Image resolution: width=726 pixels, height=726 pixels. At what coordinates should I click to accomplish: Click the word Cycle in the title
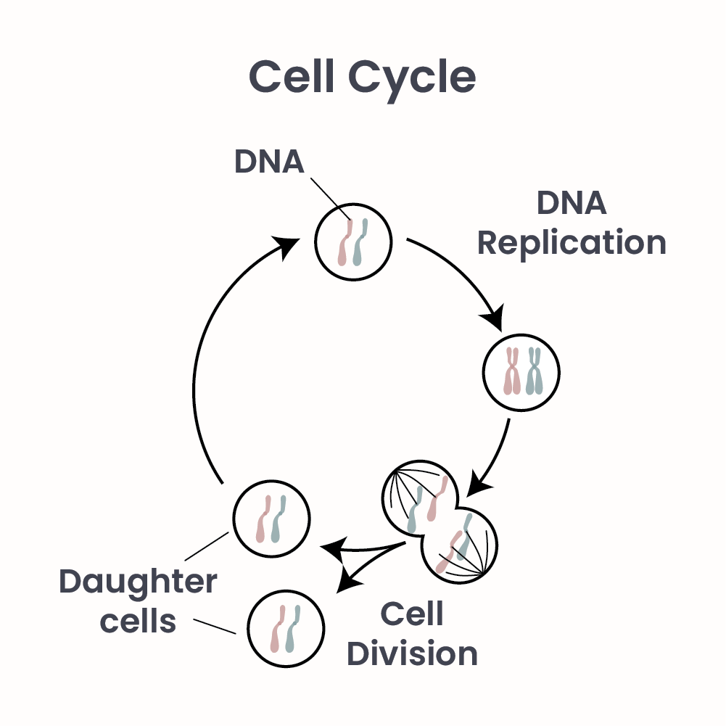click(x=412, y=78)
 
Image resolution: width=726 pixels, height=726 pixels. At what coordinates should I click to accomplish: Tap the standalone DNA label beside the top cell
click(x=268, y=162)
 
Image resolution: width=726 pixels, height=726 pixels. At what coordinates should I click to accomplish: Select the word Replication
click(x=572, y=244)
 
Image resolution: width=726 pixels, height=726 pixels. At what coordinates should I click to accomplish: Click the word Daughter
click(x=138, y=582)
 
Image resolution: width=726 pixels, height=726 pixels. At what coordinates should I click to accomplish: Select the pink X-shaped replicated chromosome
click(x=512, y=371)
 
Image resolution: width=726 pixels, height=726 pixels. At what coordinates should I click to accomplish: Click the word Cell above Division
click(x=411, y=615)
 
